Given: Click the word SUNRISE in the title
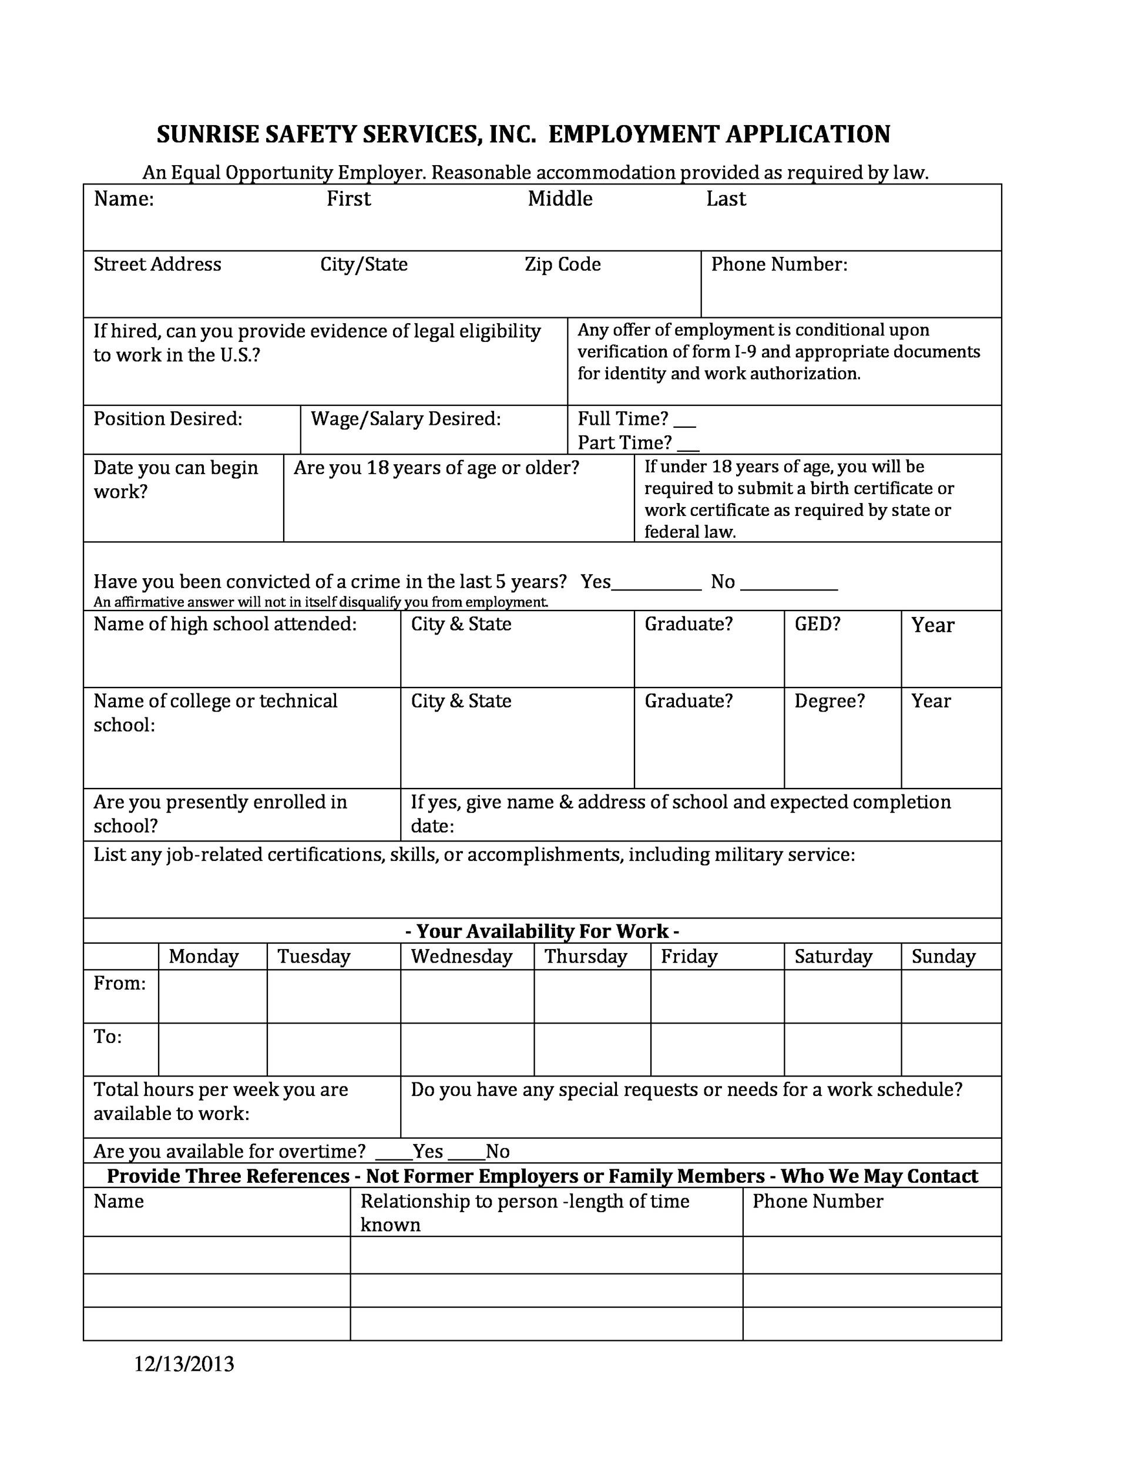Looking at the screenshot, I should [x=207, y=135].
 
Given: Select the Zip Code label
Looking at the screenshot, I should [x=563, y=264].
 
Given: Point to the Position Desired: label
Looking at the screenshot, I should [x=167, y=419].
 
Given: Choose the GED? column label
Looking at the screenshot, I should [x=818, y=624].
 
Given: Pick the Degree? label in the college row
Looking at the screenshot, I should [x=830, y=701].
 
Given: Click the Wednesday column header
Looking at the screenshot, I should [x=461, y=957].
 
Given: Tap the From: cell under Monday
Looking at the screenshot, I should [x=213, y=996].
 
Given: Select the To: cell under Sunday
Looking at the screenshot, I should [x=951, y=1049].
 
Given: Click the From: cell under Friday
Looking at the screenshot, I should [x=717, y=996].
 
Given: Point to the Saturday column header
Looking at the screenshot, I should [x=833, y=957].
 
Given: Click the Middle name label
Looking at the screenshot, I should [x=560, y=199].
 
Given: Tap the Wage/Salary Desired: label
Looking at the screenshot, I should [x=405, y=419].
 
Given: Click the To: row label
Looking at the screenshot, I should [x=108, y=1037].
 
